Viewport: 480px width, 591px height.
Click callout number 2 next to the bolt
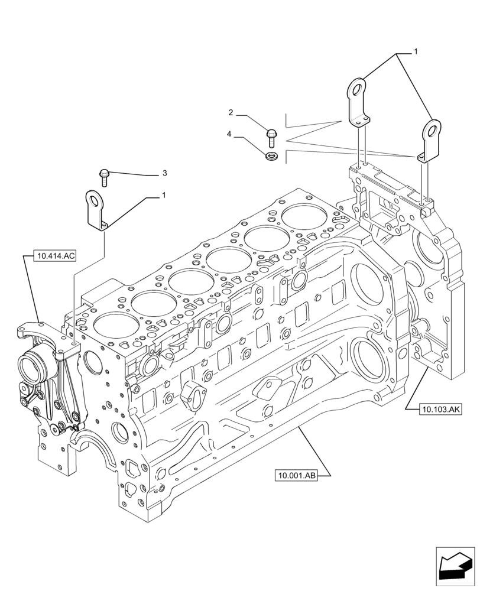point(231,112)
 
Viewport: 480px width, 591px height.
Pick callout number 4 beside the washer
point(229,135)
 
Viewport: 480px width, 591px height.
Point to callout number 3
point(164,173)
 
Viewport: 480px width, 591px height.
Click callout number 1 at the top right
point(416,52)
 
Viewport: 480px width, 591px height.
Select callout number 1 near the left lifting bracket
point(164,194)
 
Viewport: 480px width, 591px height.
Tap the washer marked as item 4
point(272,156)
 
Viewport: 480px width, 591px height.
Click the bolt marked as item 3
point(104,176)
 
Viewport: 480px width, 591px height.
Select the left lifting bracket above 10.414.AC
point(96,210)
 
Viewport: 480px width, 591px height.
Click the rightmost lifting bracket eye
point(433,128)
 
